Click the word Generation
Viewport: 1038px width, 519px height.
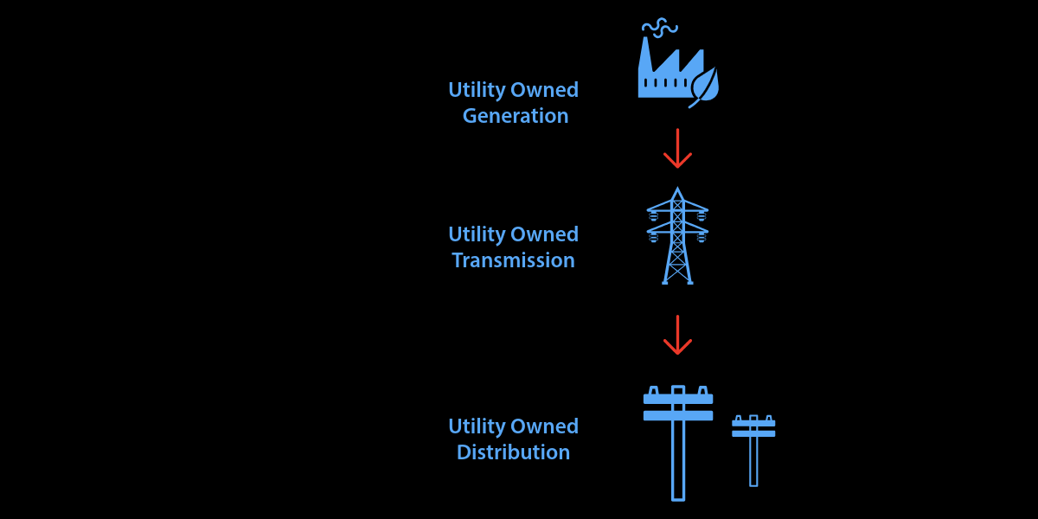pyautogui.click(x=516, y=116)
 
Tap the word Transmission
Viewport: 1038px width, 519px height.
pyautogui.click(x=513, y=260)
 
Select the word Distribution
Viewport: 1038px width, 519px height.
pyautogui.click(x=513, y=452)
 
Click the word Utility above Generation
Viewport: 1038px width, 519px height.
pyautogui.click(x=477, y=91)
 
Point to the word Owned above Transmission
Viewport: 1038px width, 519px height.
pyautogui.click(x=545, y=234)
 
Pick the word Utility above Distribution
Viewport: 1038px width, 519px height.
pyautogui.click(x=477, y=427)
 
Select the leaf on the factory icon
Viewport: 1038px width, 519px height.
pyautogui.click(x=704, y=86)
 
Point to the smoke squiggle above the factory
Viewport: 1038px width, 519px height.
pyautogui.click(x=660, y=27)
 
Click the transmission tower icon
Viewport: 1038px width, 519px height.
pyautogui.click(x=677, y=238)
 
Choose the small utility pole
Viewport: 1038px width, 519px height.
pyautogui.click(x=753, y=454)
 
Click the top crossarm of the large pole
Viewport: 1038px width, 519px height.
pyautogui.click(x=678, y=399)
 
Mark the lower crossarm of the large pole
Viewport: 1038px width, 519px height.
pyautogui.click(x=678, y=415)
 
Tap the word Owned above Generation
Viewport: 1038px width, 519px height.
pyautogui.click(x=545, y=90)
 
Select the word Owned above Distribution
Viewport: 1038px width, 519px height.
pyautogui.click(x=545, y=426)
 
